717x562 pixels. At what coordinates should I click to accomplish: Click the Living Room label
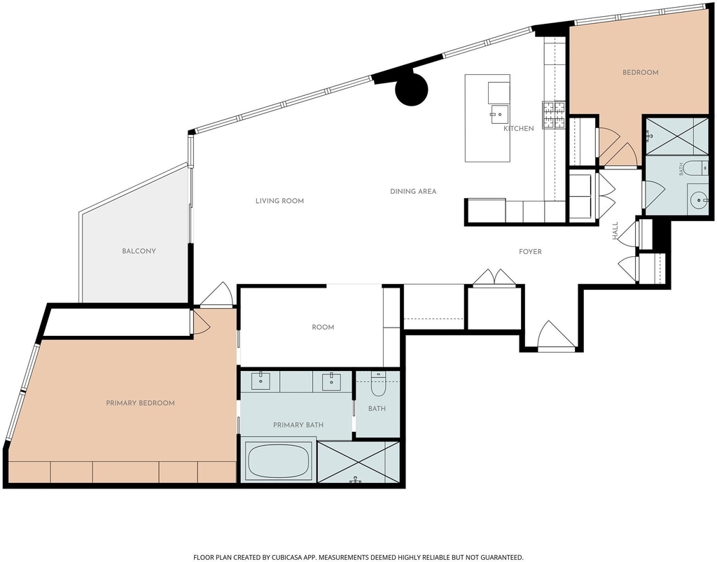coord(279,201)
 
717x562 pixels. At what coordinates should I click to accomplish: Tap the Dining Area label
coord(413,192)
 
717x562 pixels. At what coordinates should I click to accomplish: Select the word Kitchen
coord(519,128)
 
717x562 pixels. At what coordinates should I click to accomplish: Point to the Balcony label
coord(139,251)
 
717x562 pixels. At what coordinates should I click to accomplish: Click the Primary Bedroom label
coord(140,403)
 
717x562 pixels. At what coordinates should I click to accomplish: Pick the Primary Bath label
coord(298,425)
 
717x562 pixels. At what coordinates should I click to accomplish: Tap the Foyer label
coord(531,252)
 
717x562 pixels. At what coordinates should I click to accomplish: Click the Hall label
coord(615,231)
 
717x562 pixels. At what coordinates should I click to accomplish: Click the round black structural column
coord(411,89)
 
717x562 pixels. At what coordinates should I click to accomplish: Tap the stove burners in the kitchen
coord(553,115)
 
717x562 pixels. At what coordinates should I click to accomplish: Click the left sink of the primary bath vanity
coord(260,380)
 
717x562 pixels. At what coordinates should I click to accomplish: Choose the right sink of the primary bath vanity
coord(331,381)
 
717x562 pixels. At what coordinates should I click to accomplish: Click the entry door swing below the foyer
coord(557,335)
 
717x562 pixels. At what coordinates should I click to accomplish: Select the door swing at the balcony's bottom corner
coord(217,294)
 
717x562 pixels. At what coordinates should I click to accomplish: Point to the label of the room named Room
coord(323,327)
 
